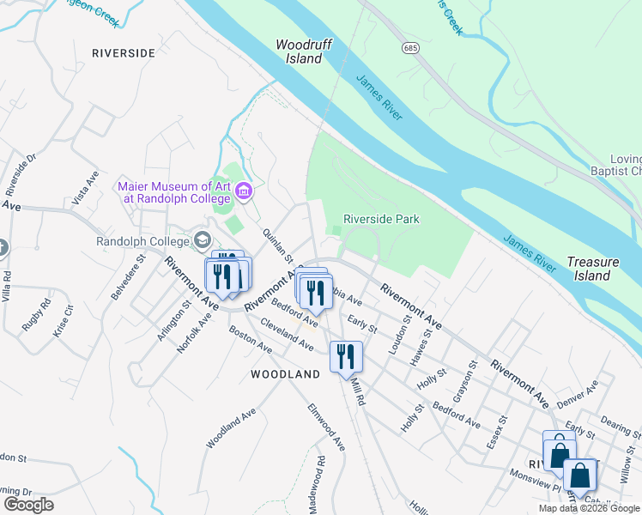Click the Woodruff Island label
click(299, 52)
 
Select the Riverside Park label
click(381, 219)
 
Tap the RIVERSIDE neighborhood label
click(124, 53)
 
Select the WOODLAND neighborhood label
click(285, 374)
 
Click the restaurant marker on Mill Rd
click(346, 354)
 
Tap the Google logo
click(28, 505)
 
